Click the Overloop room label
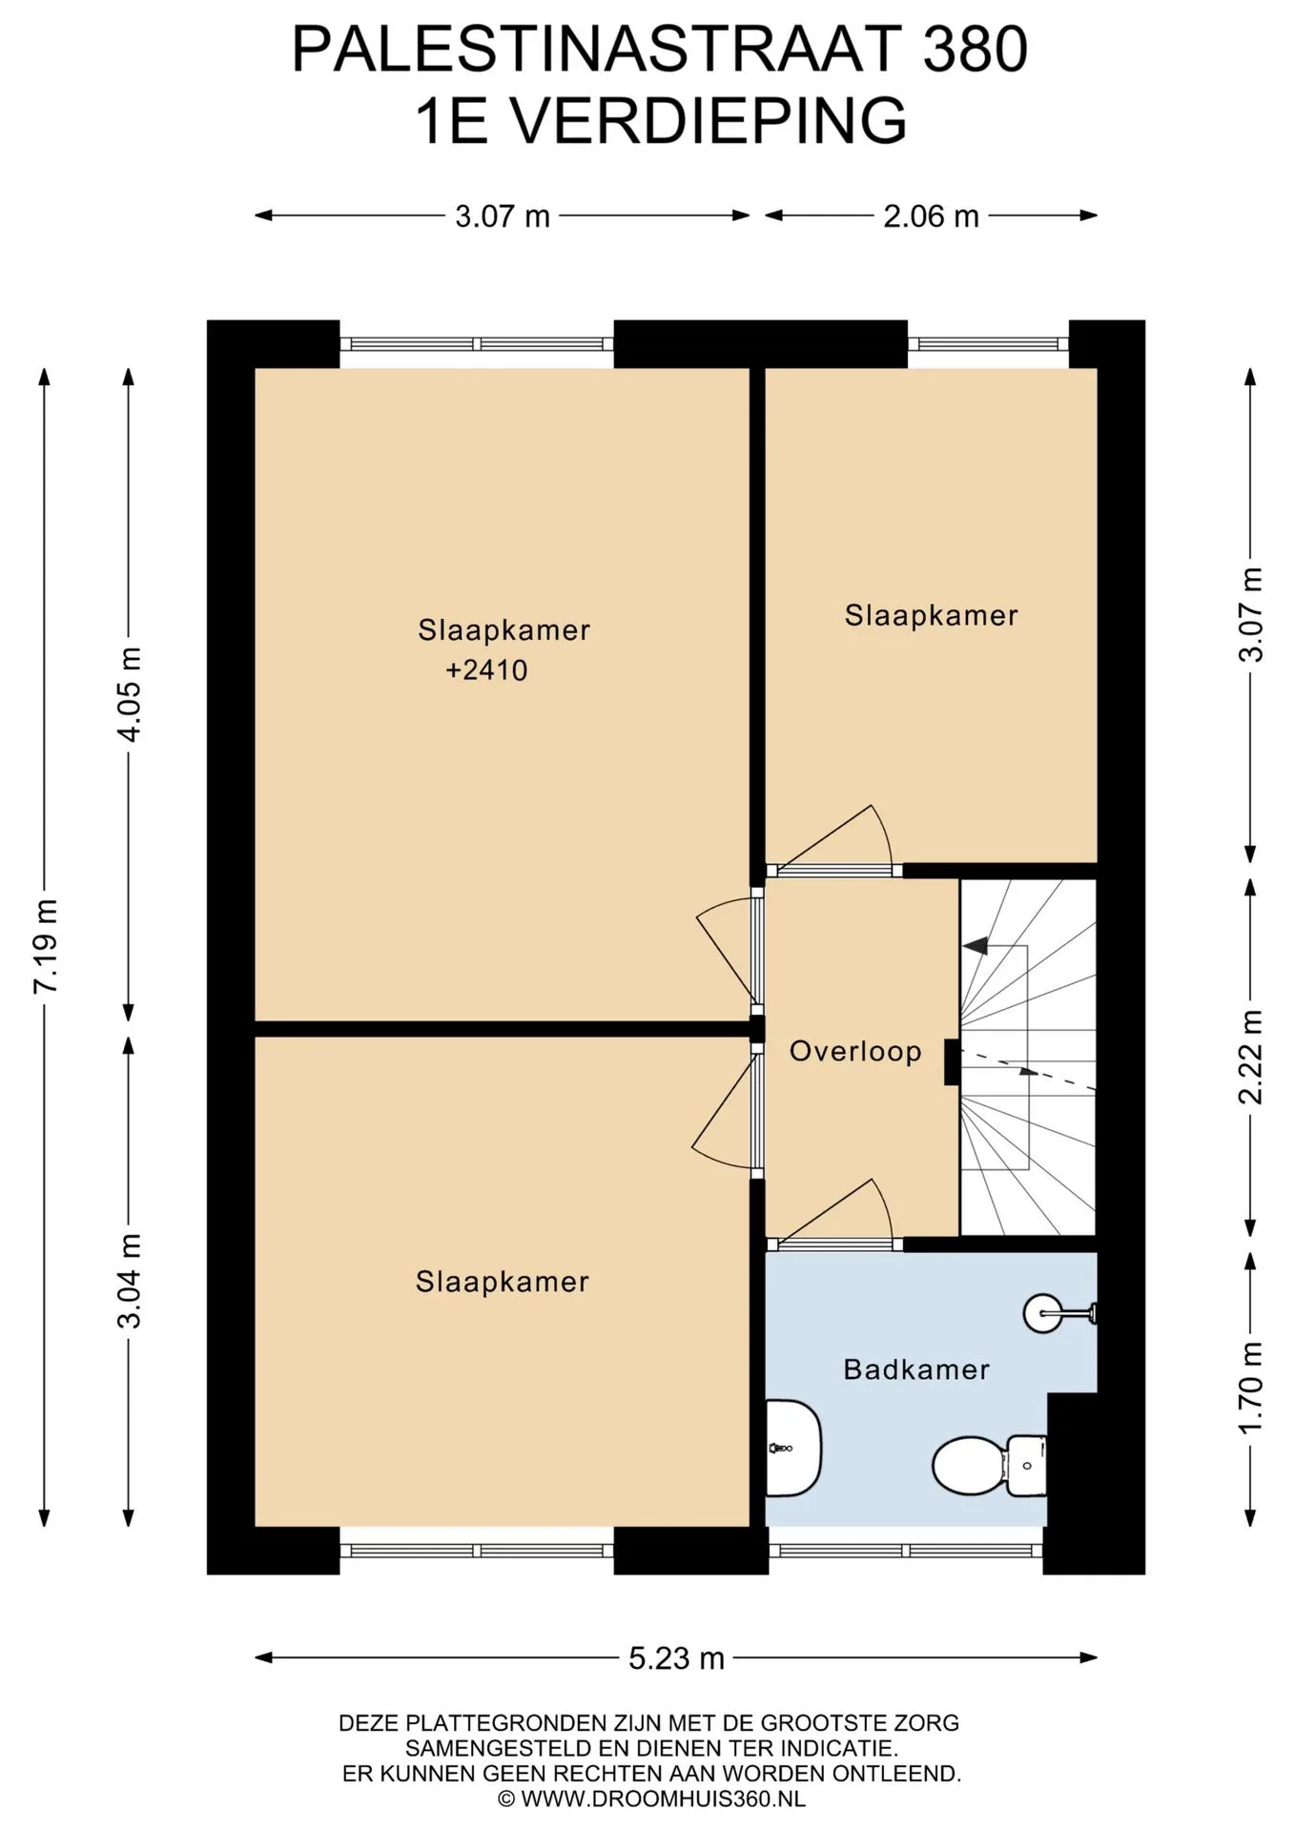tap(855, 1051)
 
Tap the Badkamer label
tap(916, 1369)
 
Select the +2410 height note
tap(486, 669)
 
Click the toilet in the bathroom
tap(989, 1466)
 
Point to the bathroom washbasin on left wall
tap(793, 1448)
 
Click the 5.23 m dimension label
tap(676, 1658)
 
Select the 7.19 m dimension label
tap(46, 946)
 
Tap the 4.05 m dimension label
tap(130, 694)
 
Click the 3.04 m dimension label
tap(130, 1281)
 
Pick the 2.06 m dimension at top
tap(931, 216)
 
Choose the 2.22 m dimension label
tap(1251, 1057)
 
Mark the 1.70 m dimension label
tap(1251, 1388)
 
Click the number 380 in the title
tap(975, 49)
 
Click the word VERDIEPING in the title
tap(709, 120)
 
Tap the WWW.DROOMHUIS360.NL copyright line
tap(651, 1800)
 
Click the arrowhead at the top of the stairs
tap(975, 946)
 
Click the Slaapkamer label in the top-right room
tap(931, 615)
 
